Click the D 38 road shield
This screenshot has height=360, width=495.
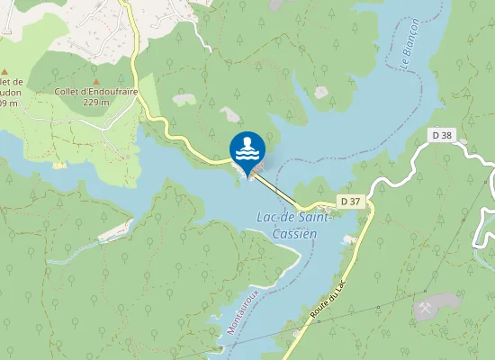[x=442, y=135]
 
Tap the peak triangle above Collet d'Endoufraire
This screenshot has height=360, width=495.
[x=96, y=80]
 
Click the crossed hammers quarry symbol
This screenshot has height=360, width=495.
[x=426, y=307]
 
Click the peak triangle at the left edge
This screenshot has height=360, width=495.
[x=4, y=71]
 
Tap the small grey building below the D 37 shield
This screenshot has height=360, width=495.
[x=349, y=239]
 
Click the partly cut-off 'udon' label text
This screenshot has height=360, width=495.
[x=11, y=91]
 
